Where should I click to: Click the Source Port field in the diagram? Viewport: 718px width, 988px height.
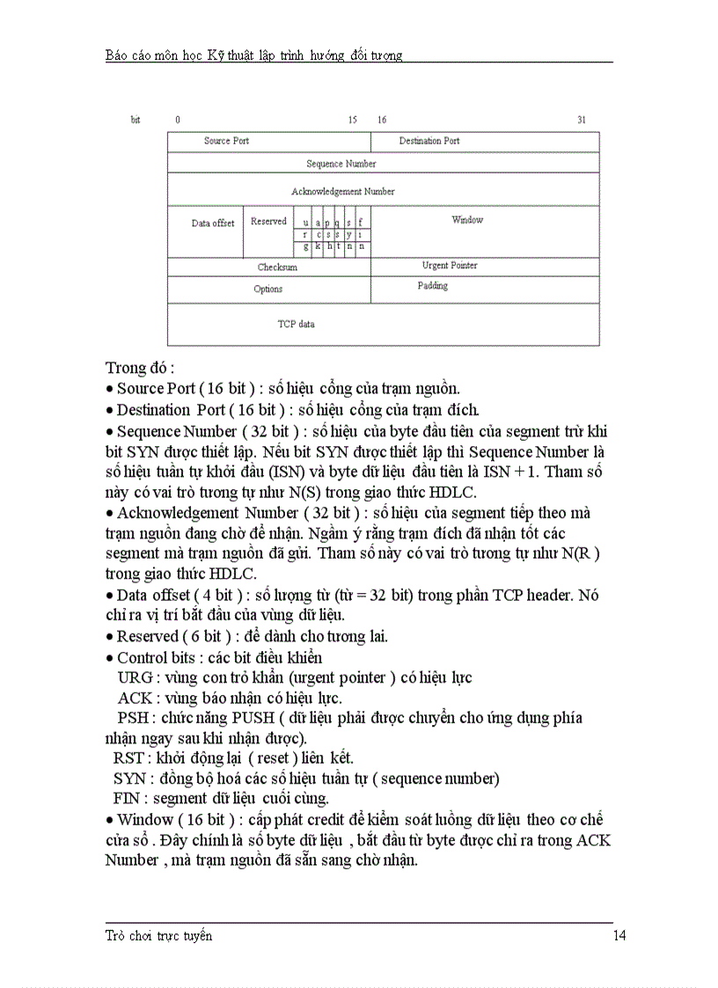click(x=226, y=141)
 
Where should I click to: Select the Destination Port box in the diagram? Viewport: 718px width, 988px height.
click(x=429, y=141)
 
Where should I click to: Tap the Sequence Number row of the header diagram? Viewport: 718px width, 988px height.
click(x=341, y=164)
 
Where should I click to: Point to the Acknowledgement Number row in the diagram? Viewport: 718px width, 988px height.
click(x=343, y=191)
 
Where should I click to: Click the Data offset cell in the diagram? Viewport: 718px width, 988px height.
click(x=213, y=223)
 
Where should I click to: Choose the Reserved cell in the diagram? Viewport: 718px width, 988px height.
click(x=268, y=222)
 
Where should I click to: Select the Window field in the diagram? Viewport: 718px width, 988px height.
click(x=467, y=220)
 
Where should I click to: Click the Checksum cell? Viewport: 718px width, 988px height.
click(x=277, y=267)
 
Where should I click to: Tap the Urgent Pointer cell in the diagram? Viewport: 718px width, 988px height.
click(x=450, y=266)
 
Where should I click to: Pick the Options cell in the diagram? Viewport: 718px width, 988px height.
click(x=268, y=289)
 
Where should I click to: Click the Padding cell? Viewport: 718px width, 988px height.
click(x=432, y=286)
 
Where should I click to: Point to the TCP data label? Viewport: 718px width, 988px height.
click(x=296, y=325)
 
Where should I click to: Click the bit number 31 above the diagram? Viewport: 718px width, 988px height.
click(x=582, y=120)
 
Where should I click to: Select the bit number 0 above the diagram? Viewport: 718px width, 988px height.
click(x=178, y=120)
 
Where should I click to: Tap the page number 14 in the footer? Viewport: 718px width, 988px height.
click(x=619, y=936)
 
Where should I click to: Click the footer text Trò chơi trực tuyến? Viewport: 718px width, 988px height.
click(x=158, y=936)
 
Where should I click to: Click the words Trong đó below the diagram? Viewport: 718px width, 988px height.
click(x=138, y=367)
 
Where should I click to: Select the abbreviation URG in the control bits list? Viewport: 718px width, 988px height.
click(x=134, y=677)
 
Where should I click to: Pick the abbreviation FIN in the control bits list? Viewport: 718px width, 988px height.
click(x=128, y=799)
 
